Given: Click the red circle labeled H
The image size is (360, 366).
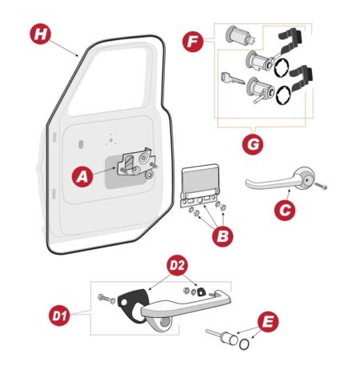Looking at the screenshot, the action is pos(40,34).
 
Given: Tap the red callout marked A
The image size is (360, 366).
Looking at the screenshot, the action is pos(82,176).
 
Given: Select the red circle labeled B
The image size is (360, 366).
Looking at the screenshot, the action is pos(222,236).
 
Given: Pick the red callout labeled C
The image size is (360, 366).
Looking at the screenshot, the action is pos(285,210).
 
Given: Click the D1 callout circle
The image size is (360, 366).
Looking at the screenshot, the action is pos(59,316).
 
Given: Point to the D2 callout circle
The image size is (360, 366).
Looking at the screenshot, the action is pos(178,265).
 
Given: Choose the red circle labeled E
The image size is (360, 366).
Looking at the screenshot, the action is pos(268,322).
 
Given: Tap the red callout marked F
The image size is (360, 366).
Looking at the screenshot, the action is pos(193,42).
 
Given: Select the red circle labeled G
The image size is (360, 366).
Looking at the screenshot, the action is pos(253,144).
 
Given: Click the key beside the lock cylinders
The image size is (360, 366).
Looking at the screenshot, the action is pos(232,78).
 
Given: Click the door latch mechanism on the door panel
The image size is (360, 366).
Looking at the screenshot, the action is pos(138,163).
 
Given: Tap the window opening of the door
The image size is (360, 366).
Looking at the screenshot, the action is pos(110,82).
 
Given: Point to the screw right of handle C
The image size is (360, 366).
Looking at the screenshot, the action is pos(321,187).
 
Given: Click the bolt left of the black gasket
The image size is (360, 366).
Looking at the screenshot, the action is pos(106,298).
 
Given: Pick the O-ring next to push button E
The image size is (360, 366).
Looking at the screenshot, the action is pos(244,344).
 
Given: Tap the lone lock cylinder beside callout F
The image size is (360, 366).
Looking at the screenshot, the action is pos(239,35).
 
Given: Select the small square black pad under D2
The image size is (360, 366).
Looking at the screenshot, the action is pos(200,292).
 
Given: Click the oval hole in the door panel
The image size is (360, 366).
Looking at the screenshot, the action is pos(81,144).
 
